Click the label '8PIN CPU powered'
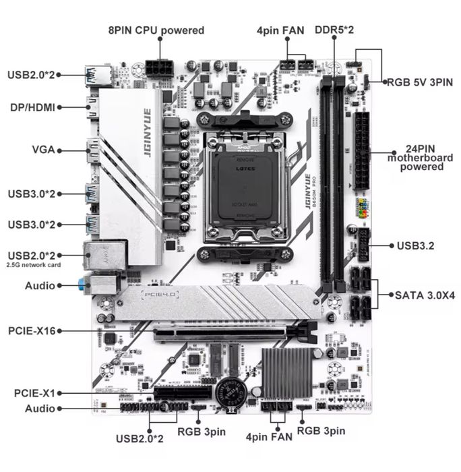pyautogui.click(x=156, y=30)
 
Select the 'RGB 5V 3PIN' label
pyautogui.click(x=419, y=82)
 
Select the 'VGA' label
pyautogui.click(x=42, y=149)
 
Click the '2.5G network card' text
pyautogui.click(x=34, y=266)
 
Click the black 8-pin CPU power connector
pyautogui.click(x=159, y=69)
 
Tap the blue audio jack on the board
pyautogui.click(x=82, y=285)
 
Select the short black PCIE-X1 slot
pyautogui.click(x=181, y=393)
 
